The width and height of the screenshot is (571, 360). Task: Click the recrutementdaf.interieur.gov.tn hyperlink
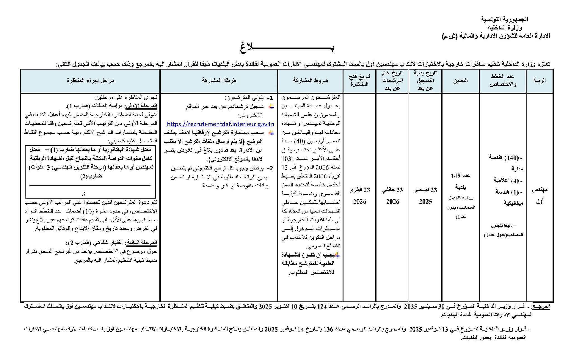[x=220, y=124]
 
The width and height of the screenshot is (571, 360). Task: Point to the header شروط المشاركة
[x=310, y=81]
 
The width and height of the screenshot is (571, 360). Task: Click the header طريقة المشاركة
[x=219, y=81]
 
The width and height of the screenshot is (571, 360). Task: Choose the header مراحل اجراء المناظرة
[x=91, y=81]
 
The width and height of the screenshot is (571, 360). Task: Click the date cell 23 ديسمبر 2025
[x=425, y=196]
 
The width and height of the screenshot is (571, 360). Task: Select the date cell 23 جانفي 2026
[x=393, y=196]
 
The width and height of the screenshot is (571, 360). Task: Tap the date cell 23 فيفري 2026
[x=360, y=196]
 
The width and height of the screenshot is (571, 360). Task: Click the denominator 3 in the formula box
[x=83, y=194]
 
